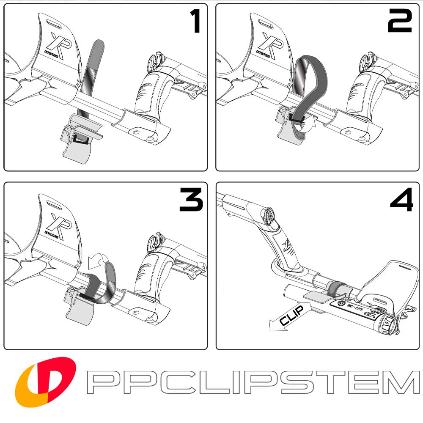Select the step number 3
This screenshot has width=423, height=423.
tap(191, 200)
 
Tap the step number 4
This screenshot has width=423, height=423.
tap(402, 200)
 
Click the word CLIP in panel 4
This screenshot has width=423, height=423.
tap(292, 316)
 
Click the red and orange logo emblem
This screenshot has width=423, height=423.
tap(45, 382)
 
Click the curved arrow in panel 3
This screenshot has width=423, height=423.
tap(98, 261)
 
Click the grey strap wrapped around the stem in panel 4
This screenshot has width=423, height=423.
tap(335, 288)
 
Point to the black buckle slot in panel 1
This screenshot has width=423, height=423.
tap(80, 139)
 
